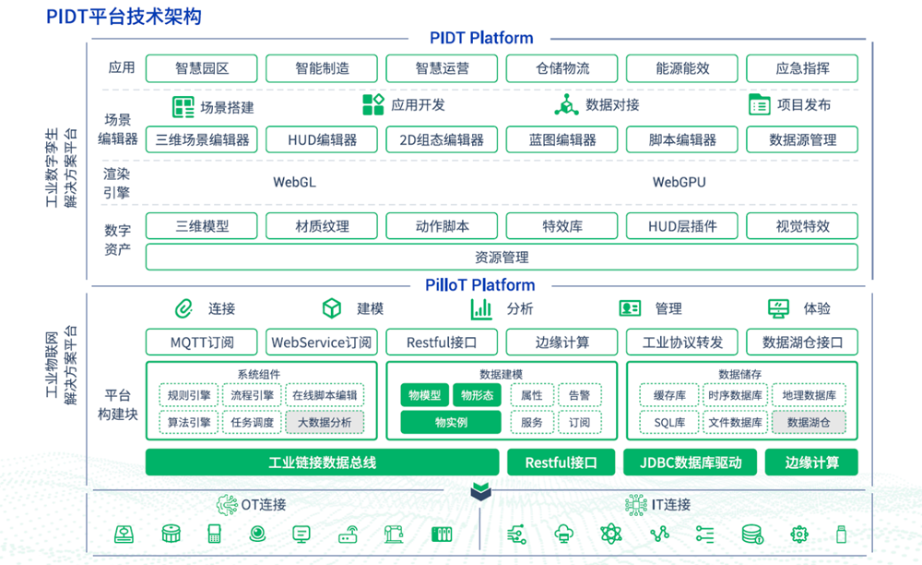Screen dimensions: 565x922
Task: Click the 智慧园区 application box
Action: pyautogui.click(x=202, y=68)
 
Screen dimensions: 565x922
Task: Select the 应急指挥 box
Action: pyautogui.click(x=802, y=68)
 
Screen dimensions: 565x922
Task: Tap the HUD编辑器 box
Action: pyautogui.click(x=322, y=139)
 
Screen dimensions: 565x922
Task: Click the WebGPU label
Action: pyautogui.click(x=679, y=182)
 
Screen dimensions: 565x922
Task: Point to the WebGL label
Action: pyautogui.click(x=294, y=182)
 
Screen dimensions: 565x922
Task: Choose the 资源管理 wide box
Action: pyautogui.click(x=502, y=257)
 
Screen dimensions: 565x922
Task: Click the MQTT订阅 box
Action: pyautogui.click(x=202, y=343)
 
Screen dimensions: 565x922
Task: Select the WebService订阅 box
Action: pyautogui.click(x=322, y=343)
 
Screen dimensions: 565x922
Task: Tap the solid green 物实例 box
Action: pyautogui.click(x=451, y=422)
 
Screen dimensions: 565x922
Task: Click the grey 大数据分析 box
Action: pyautogui.click(x=324, y=422)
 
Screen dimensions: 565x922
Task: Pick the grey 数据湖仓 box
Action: pyautogui.click(x=808, y=422)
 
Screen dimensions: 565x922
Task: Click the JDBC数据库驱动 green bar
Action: pyautogui.click(x=682, y=462)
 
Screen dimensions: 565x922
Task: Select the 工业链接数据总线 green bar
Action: pyautogui.click(x=323, y=462)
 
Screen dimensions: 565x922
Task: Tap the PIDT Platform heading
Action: pyautogui.click(x=481, y=38)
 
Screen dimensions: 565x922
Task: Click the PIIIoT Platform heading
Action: pyautogui.click(x=480, y=285)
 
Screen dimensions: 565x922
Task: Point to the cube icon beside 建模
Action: pyautogui.click(x=332, y=308)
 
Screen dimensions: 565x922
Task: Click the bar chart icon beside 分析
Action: pyautogui.click(x=480, y=308)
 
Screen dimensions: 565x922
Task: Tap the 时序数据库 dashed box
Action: pyautogui.click(x=735, y=395)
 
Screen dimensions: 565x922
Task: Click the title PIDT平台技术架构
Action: pyautogui.click(x=124, y=17)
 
